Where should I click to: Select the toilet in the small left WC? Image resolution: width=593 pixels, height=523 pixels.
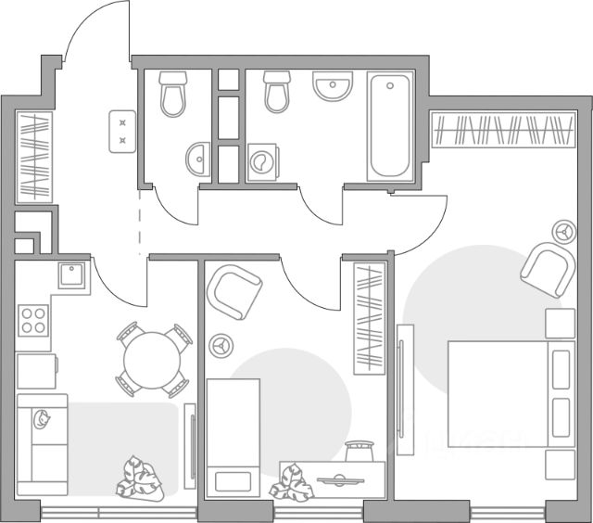pyautogui.click(x=172, y=94)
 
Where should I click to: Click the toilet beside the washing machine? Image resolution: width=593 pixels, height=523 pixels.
pyautogui.click(x=277, y=92)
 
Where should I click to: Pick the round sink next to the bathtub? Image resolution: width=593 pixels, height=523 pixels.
pyautogui.click(x=333, y=88)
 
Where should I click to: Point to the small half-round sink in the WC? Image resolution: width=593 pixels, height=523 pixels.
pyautogui.click(x=197, y=161)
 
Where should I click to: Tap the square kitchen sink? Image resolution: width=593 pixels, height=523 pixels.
pyautogui.click(x=72, y=274)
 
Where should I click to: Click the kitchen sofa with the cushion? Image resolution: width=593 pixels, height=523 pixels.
pyautogui.click(x=43, y=445)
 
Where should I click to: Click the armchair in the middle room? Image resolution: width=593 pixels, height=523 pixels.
pyautogui.click(x=235, y=290)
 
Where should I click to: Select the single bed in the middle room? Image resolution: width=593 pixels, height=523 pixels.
pyautogui.click(x=230, y=436)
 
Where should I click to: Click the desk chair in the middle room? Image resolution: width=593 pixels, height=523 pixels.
pyautogui.click(x=358, y=452)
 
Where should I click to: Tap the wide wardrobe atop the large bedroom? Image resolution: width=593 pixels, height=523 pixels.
pyautogui.click(x=502, y=130)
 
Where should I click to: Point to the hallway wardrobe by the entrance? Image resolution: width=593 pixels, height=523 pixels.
pyautogui.click(x=33, y=155)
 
